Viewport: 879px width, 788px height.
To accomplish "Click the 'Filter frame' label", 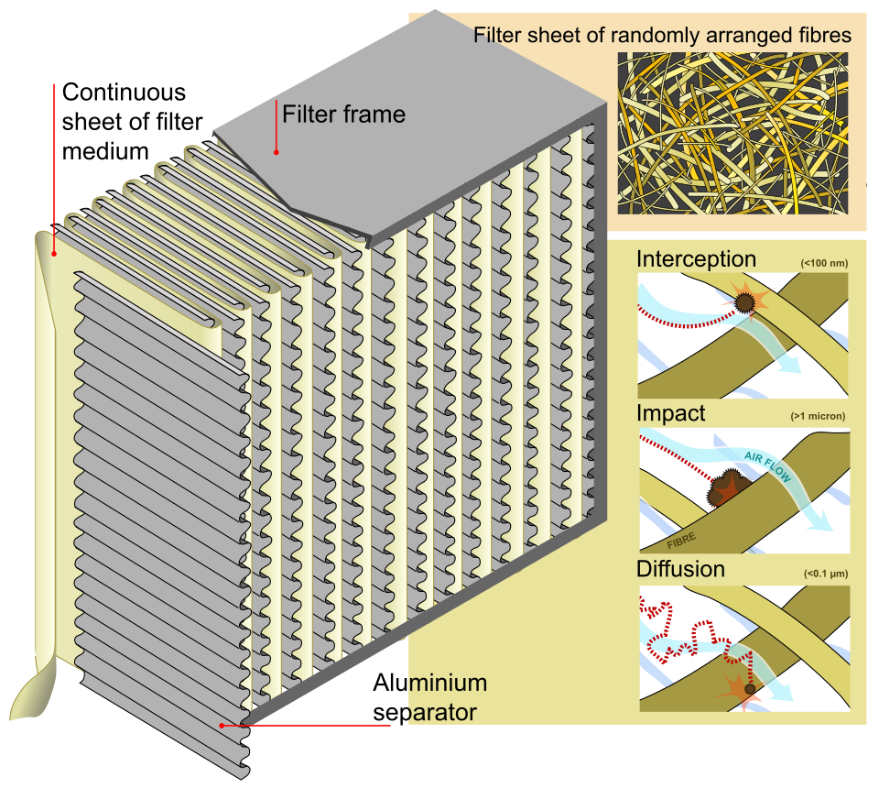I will [x=343, y=115].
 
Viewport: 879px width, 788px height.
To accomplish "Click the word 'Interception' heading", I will [x=696, y=259].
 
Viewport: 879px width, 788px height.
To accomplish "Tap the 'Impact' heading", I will [x=670, y=413].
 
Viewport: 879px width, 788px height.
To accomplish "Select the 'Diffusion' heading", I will [x=680, y=569].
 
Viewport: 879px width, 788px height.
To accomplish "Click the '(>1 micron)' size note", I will [x=817, y=417].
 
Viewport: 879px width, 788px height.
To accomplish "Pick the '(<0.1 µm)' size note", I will [x=823, y=574].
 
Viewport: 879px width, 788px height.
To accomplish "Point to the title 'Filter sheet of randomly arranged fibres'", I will [x=662, y=36].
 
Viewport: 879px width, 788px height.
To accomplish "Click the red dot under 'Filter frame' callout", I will [x=275, y=151].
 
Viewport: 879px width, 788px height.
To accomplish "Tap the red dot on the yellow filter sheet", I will [x=55, y=254].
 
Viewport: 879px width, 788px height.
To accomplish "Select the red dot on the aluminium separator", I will [x=222, y=726].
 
